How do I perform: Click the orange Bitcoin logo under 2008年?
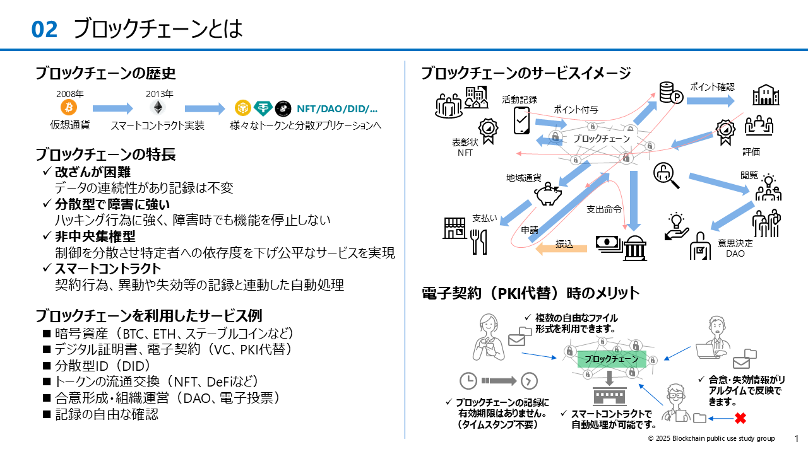coord(69,107)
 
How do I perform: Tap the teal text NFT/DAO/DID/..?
coord(337,108)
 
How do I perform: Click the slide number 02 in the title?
coord(44,29)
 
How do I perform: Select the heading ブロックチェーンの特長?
coord(105,154)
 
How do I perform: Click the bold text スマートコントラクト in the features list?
coord(108,269)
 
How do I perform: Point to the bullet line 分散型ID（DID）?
coord(102,366)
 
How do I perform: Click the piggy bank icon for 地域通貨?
coord(548,195)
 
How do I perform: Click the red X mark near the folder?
coord(740,418)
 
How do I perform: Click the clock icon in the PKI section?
coord(468,381)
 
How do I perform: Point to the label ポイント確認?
coord(712,87)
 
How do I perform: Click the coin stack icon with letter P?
coord(671,93)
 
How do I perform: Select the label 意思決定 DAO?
coord(735,248)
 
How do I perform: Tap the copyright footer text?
coord(711,438)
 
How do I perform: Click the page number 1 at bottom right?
coord(796,438)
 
